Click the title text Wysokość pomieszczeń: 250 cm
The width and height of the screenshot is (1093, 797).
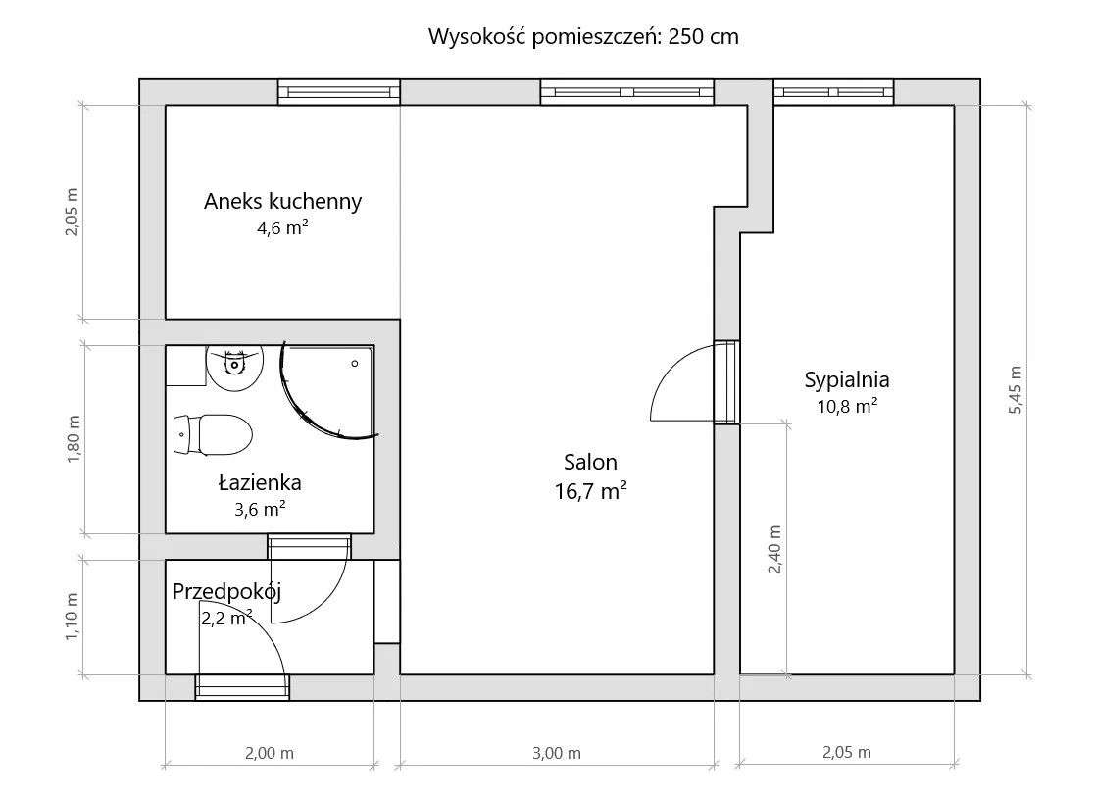point(583,38)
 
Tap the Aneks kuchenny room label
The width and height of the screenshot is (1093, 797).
point(282,202)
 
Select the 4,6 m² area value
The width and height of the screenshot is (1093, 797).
point(282,228)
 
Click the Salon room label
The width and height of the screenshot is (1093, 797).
point(590,462)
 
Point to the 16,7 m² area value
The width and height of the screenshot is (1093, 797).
point(590,491)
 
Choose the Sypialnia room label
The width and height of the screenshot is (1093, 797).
point(847,379)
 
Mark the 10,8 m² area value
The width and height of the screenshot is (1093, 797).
point(847,405)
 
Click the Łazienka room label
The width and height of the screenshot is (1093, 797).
point(259,482)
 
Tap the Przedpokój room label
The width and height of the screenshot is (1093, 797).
point(227,591)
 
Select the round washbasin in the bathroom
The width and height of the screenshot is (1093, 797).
point(234,366)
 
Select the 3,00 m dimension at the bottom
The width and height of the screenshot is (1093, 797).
point(556,753)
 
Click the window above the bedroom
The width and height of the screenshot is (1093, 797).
point(833,92)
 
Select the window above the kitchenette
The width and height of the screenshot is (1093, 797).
point(338,92)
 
